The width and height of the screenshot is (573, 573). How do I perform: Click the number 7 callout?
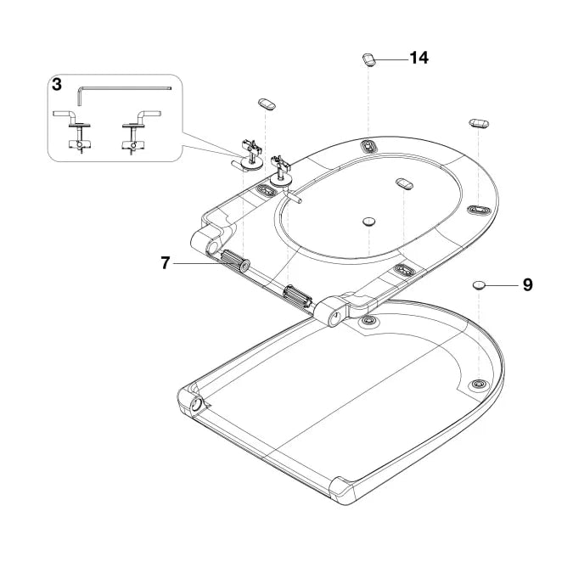pyautogui.click(x=166, y=263)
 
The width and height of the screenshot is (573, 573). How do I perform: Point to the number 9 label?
pyautogui.click(x=527, y=285)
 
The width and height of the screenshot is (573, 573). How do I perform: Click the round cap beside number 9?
pyautogui.click(x=481, y=284)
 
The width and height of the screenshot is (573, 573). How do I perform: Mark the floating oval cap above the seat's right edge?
pyautogui.click(x=478, y=123)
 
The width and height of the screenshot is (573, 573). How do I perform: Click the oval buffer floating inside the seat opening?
pyautogui.click(x=404, y=183)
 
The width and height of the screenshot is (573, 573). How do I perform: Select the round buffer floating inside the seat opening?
pyautogui.click(x=369, y=221)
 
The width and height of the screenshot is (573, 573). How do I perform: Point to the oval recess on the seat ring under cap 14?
pyautogui.click(x=369, y=146)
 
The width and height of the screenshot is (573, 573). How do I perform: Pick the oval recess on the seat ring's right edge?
pyautogui.click(x=478, y=209)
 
